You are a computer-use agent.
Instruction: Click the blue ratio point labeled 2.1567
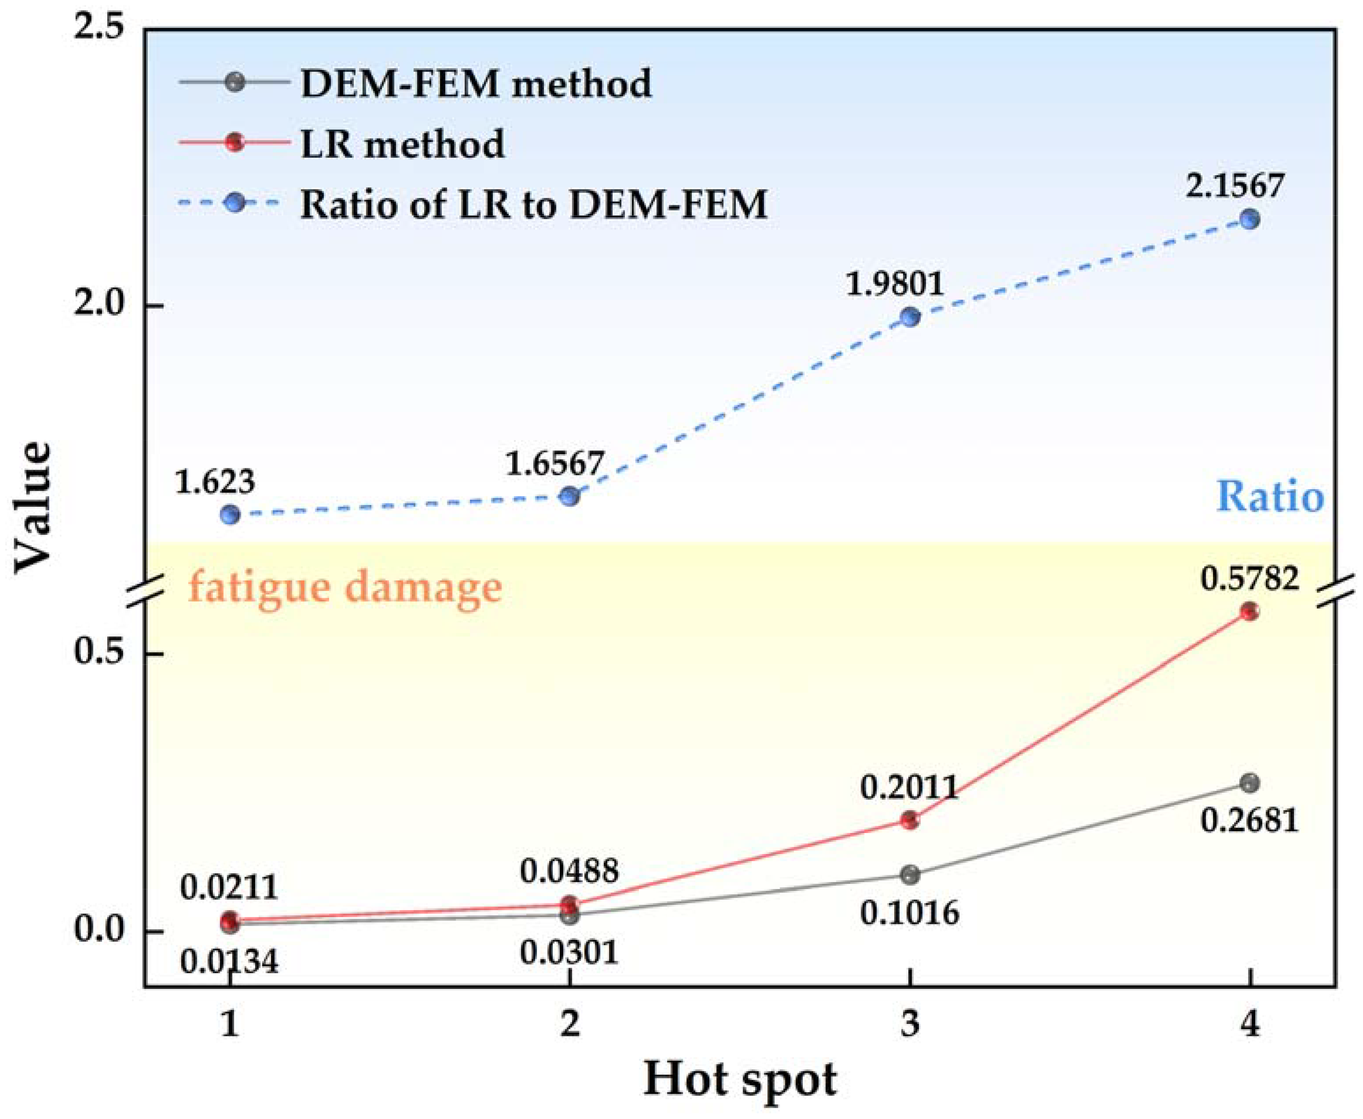click(x=1249, y=220)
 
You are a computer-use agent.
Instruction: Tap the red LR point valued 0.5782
click(x=1249, y=611)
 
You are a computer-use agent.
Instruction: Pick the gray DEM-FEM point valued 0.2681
click(x=1249, y=783)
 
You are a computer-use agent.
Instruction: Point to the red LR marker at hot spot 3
click(x=909, y=821)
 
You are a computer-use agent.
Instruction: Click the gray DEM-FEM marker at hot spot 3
click(x=909, y=875)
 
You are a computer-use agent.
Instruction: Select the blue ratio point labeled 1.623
click(x=231, y=514)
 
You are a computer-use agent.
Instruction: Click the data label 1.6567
click(x=554, y=464)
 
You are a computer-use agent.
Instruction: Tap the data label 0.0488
click(x=569, y=871)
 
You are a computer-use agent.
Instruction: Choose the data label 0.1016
click(x=909, y=913)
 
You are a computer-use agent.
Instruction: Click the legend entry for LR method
click(x=402, y=143)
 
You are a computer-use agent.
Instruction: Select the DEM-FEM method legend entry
click(x=475, y=83)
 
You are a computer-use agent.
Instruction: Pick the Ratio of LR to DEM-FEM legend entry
click(x=534, y=204)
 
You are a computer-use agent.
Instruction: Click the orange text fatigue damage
click(x=345, y=587)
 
